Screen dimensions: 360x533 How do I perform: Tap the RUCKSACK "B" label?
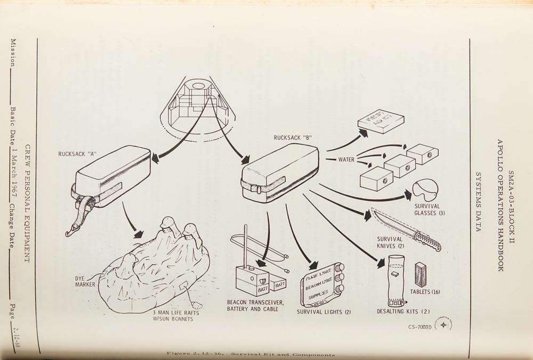click(293, 137)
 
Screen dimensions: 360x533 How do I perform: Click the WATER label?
click(346, 159)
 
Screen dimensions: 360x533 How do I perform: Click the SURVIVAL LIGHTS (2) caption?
click(324, 312)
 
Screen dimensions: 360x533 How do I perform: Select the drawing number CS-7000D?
click(419, 326)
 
